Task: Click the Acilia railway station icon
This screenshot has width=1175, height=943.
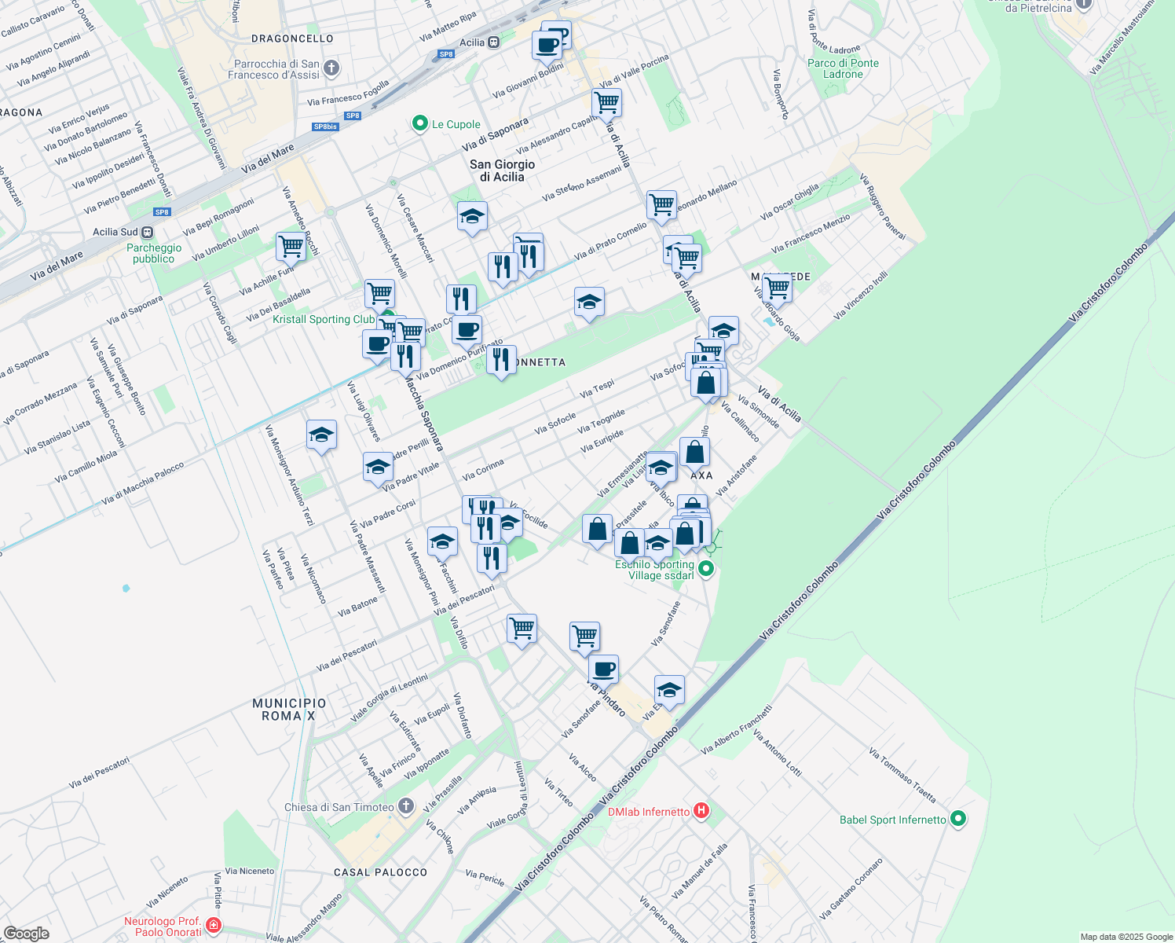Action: point(493,42)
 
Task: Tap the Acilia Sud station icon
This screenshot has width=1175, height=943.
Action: point(148,232)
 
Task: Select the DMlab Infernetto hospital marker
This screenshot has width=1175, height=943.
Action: point(701,810)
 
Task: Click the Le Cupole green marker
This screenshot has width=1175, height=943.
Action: point(419,123)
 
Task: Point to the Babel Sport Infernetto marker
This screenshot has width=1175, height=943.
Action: point(957,819)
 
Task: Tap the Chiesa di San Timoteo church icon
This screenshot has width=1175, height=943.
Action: point(405,805)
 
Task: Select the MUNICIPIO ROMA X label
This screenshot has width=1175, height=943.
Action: point(289,710)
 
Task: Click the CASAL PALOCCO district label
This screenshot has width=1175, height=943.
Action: point(380,872)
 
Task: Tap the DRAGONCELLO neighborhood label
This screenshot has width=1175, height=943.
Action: point(292,39)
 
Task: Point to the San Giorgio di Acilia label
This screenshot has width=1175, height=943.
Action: point(502,171)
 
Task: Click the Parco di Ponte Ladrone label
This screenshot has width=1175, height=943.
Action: point(843,68)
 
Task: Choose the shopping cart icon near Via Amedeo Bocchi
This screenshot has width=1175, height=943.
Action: point(291,246)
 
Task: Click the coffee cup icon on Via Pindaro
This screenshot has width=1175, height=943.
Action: point(603,670)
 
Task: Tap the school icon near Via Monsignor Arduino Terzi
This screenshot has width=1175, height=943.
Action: point(321,435)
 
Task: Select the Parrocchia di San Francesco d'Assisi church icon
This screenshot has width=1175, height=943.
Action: point(331,68)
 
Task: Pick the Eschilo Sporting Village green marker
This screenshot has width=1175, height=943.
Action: point(705,569)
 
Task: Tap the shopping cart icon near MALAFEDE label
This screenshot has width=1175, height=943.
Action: point(777,288)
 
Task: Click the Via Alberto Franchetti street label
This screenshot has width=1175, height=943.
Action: point(737,729)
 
